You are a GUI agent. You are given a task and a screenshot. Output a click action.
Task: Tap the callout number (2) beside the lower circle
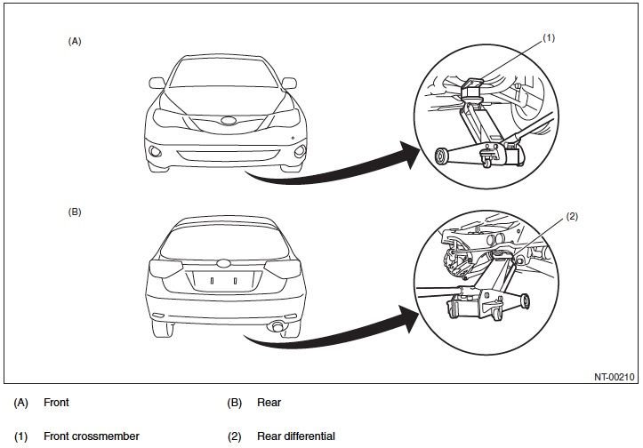click(571, 216)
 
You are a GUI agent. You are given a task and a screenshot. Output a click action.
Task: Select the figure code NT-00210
click(613, 376)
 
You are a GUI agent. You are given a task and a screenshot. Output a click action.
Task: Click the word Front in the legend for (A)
click(56, 403)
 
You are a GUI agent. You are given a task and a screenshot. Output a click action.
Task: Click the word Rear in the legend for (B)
click(269, 403)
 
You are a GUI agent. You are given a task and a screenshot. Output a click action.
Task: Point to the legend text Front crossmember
click(91, 436)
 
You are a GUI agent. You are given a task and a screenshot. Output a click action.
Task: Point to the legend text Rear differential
click(295, 436)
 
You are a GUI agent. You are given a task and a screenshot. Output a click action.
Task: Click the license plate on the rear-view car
click(223, 280)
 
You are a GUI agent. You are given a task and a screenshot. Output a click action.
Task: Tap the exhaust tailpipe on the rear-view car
click(280, 330)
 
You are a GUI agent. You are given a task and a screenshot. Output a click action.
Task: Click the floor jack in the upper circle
click(480, 142)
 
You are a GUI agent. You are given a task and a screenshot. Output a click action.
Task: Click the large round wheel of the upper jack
click(441, 156)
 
